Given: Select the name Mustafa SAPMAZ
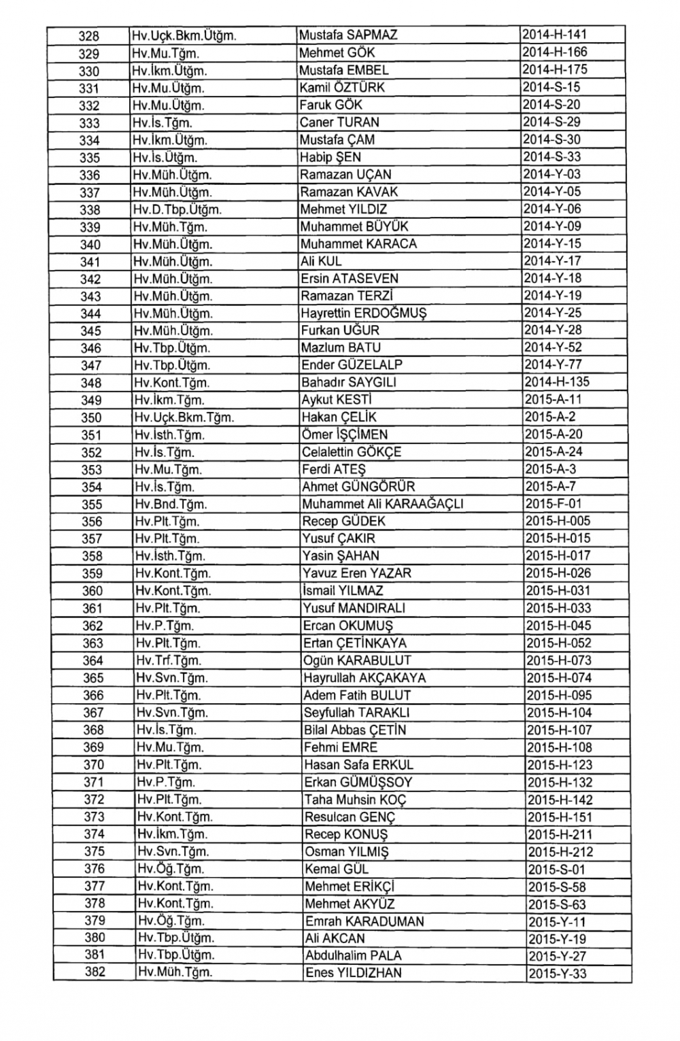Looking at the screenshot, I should [348, 35].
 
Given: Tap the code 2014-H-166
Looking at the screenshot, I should [554, 52].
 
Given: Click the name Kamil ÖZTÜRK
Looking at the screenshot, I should [342, 88].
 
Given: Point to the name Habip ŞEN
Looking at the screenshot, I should [330, 157].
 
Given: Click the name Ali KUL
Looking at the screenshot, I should [321, 261].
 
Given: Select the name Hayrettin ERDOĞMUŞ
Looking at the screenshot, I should [364, 313].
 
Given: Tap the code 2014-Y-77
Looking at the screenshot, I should [553, 365].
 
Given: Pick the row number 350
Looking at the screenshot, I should [91, 418].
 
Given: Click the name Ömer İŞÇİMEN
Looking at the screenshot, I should [345, 435].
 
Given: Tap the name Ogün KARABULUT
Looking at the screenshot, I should [357, 660].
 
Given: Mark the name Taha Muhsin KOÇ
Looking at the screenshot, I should [356, 800].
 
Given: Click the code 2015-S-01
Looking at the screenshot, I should [556, 870].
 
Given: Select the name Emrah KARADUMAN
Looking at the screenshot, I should [364, 922].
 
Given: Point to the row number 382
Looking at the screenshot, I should [95, 972].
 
